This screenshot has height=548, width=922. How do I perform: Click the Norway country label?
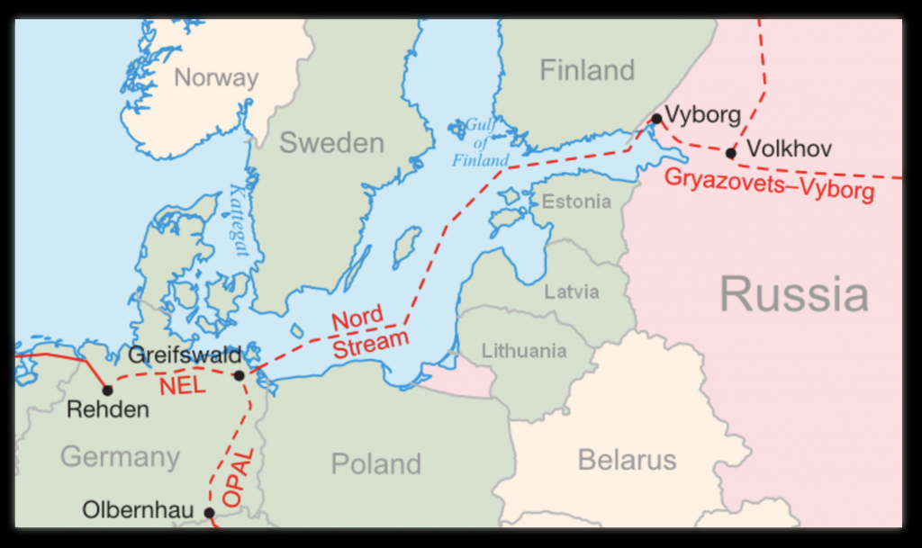pyautogui.click(x=216, y=77)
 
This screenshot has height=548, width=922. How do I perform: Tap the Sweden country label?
pyautogui.click(x=331, y=142)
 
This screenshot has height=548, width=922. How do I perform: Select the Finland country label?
pyautogui.click(x=587, y=70)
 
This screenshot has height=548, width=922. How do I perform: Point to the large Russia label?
pyautogui.click(x=793, y=294)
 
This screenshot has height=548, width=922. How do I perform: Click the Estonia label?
pyautogui.click(x=575, y=202)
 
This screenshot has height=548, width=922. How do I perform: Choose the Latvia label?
pyautogui.click(x=571, y=292)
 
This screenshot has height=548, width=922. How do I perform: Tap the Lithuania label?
pyautogui.click(x=523, y=351)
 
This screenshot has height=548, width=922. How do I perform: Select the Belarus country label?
pyautogui.click(x=627, y=460)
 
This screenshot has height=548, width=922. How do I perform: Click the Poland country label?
pyautogui.click(x=375, y=463)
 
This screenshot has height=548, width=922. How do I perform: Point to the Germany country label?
pyautogui.click(x=120, y=456)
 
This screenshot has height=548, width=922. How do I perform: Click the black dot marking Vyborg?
pyautogui.click(x=656, y=118)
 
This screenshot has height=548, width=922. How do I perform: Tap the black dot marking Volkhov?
pyautogui.click(x=730, y=153)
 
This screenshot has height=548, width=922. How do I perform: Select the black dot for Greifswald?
pyautogui.click(x=239, y=375)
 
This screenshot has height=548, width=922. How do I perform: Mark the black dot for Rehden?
pyautogui.click(x=107, y=390)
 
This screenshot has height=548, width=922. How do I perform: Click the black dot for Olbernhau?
pyautogui.click(x=209, y=513)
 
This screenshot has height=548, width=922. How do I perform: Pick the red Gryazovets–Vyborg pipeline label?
pyautogui.click(x=769, y=184)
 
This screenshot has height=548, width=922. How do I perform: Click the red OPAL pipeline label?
pyautogui.click(x=231, y=476)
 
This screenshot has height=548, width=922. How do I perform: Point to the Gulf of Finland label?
pyautogui.click(x=481, y=143)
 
